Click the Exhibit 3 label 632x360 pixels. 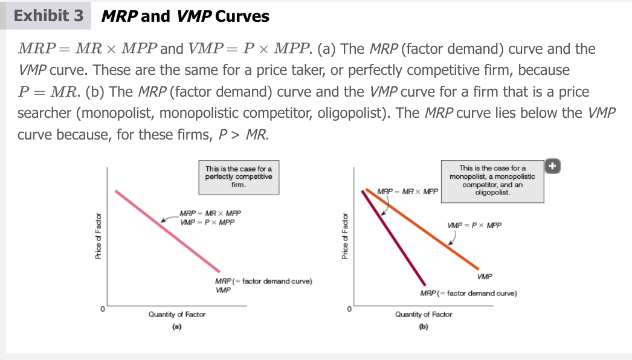click(x=49, y=16)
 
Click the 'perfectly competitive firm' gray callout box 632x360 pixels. click(x=239, y=176)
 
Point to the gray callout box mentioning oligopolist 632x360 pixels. click(x=492, y=181)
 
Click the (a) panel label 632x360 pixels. click(x=176, y=326)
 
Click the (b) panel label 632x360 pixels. click(x=423, y=326)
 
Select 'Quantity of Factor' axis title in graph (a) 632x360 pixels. click(x=177, y=314)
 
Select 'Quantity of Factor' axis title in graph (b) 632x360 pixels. click(x=424, y=314)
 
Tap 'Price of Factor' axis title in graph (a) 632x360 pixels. click(x=98, y=236)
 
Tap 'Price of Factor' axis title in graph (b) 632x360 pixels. click(x=344, y=236)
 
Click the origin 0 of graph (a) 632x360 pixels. click(x=103, y=309)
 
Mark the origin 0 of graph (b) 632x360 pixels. click(x=349, y=309)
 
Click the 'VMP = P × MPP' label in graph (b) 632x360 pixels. click(x=474, y=225)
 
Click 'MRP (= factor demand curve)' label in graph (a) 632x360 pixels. click(x=263, y=281)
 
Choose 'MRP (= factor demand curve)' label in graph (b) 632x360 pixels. click(x=468, y=293)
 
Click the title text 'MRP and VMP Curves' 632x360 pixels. click(x=185, y=16)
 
